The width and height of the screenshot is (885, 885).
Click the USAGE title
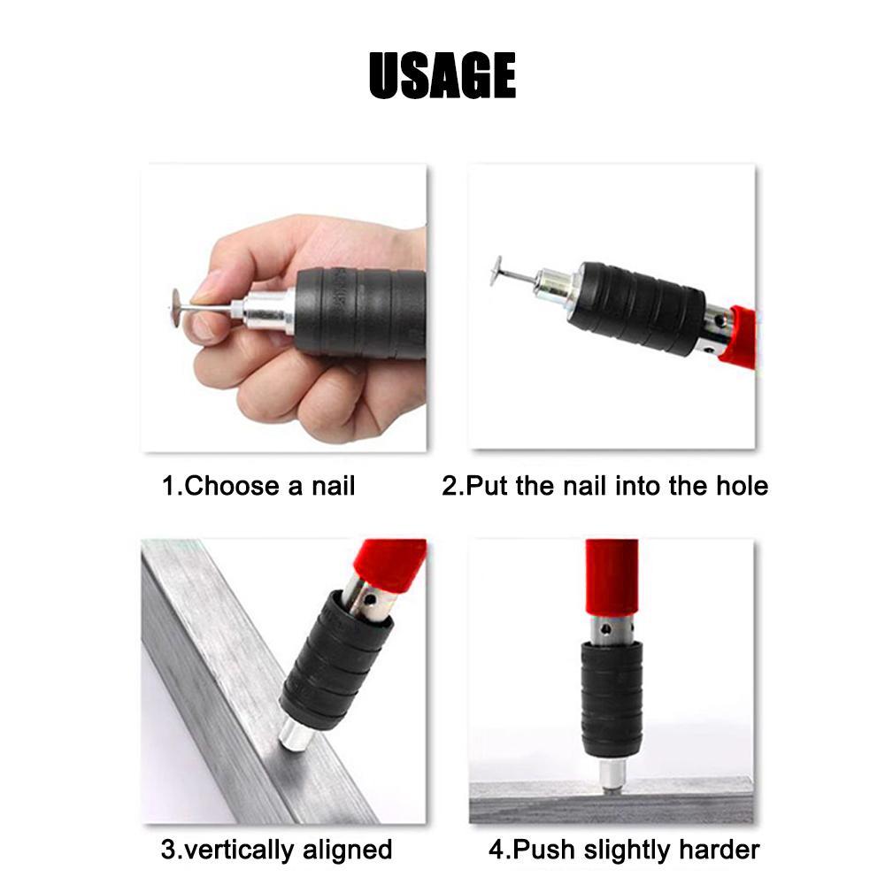[442, 75]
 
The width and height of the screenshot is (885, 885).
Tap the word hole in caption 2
[740, 486]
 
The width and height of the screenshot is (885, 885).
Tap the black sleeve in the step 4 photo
[611, 699]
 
